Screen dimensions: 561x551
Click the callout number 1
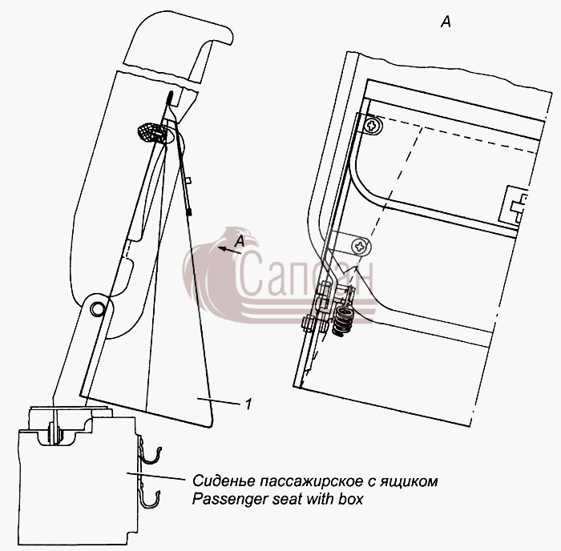248,404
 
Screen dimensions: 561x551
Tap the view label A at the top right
446,22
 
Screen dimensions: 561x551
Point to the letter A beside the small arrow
240,241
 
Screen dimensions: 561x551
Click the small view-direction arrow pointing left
229,251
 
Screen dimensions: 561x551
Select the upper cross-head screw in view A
373,125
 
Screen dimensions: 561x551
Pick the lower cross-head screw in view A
361,246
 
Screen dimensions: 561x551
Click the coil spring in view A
342,321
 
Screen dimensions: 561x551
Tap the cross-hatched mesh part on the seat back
151,132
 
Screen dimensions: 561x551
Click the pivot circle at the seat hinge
97,308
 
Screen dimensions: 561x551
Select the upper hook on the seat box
151,456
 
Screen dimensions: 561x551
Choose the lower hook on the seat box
149,499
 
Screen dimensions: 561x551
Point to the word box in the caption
351,498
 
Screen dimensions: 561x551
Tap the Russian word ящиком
410,482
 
